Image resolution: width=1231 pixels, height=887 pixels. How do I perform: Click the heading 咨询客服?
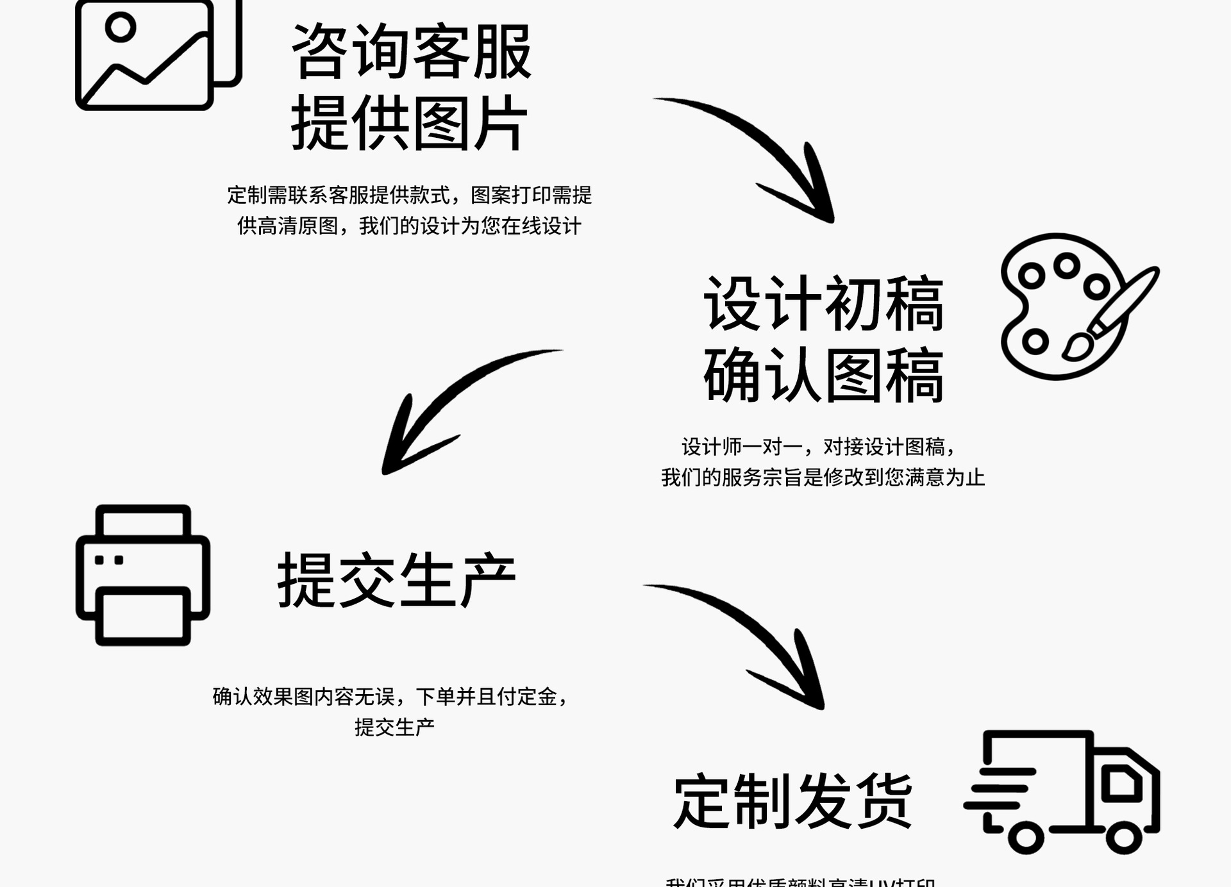pos(411,52)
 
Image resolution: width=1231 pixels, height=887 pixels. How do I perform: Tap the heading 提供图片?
pos(409,123)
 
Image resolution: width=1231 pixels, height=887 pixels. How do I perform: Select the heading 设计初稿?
pos(823,304)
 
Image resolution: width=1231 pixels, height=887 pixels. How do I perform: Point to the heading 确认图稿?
pos(823,375)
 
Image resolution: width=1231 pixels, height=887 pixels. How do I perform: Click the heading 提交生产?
pos(396,580)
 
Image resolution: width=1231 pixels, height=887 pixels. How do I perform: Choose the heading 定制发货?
pos(792,801)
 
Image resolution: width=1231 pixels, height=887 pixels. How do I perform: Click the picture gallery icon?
pos(158,54)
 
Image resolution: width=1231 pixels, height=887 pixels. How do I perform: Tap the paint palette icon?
pos(1077,306)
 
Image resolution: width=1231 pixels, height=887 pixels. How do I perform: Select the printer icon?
pos(143,575)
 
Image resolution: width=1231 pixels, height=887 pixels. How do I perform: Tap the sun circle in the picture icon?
pos(121,27)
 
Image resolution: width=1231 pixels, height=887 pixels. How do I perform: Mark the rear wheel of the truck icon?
pos(1025,837)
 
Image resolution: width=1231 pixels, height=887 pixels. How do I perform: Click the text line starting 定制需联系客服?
pos(409,195)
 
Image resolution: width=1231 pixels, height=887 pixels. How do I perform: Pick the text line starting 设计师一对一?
pos(819,447)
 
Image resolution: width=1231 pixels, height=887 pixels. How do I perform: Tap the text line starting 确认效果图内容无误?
pos(390,696)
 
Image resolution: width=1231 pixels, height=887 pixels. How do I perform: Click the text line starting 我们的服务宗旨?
pos(823,477)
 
